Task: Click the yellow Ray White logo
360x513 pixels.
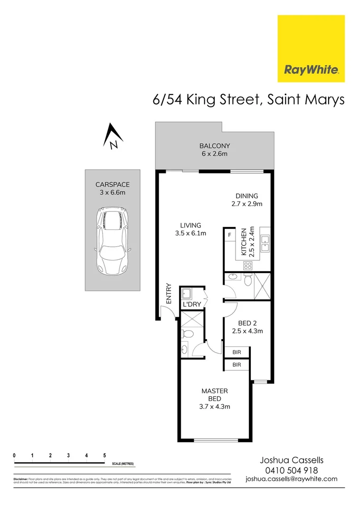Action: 311,48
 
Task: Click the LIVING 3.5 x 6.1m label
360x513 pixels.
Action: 190,229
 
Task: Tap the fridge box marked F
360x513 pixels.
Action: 230,235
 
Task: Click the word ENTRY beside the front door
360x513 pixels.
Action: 169,294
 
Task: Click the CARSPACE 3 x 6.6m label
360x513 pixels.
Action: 113,188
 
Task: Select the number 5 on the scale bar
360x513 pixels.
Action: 104,456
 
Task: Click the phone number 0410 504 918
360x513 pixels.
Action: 291,470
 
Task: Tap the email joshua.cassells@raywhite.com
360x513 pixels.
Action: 291,479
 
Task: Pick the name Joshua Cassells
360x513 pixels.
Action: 291,460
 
